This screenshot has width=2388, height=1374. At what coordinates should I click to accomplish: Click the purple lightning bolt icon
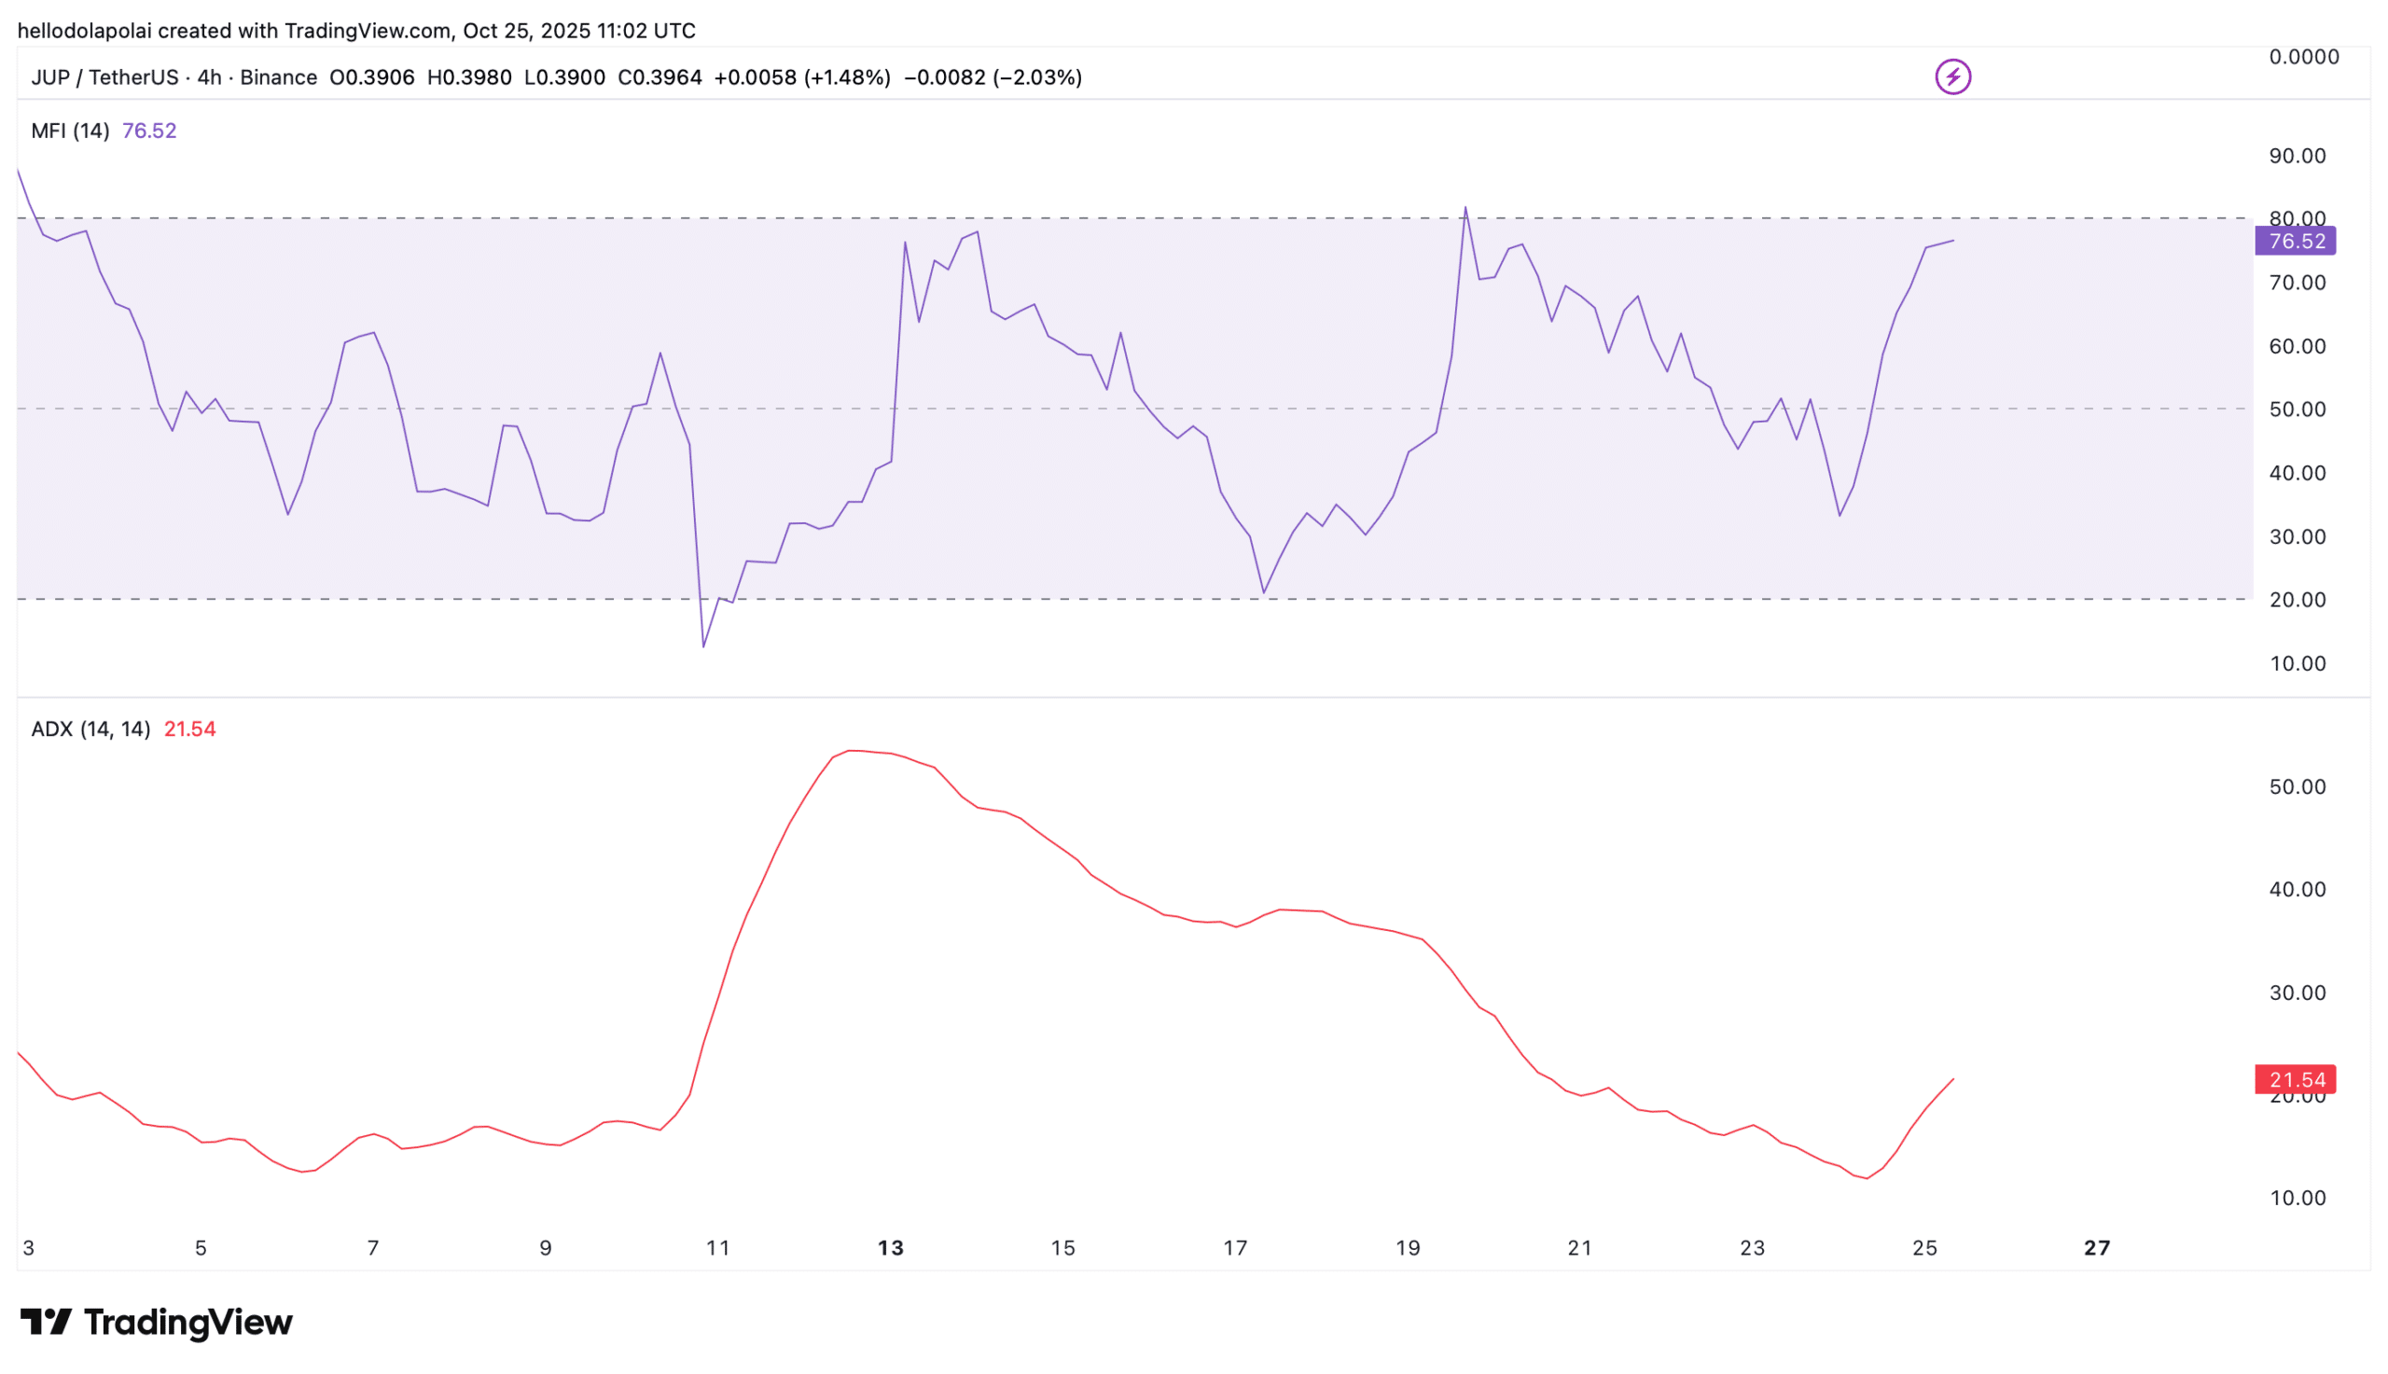coord(1952,76)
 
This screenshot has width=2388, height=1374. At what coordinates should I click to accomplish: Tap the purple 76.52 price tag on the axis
coord(2295,241)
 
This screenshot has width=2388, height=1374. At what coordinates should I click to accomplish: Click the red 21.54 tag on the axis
coord(2295,1078)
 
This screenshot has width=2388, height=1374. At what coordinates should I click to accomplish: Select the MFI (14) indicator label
coord(70,131)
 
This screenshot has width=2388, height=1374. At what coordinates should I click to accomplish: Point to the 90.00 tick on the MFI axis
coord(2297,156)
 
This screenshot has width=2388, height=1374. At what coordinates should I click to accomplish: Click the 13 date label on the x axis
coord(890,1247)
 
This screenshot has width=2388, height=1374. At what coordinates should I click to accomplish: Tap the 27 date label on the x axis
coord(2095,1247)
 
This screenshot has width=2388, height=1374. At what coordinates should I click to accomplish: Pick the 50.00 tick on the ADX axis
coord(2297,786)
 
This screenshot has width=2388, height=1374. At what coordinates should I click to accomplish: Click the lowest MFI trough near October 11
coord(703,646)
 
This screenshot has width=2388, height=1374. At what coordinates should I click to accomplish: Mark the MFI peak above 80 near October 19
coord(1465,208)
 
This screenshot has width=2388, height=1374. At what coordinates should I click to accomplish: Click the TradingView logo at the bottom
coord(157,1321)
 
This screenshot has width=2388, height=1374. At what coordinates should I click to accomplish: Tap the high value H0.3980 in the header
coord(469,77)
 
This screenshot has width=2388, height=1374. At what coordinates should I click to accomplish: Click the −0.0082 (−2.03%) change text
coord(992,77)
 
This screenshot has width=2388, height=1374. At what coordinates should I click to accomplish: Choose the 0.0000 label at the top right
coord(2303,57)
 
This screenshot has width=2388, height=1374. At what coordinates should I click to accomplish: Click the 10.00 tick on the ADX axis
coord(2297,1198)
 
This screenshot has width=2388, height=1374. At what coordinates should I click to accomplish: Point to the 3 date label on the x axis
coord(28,1247)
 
